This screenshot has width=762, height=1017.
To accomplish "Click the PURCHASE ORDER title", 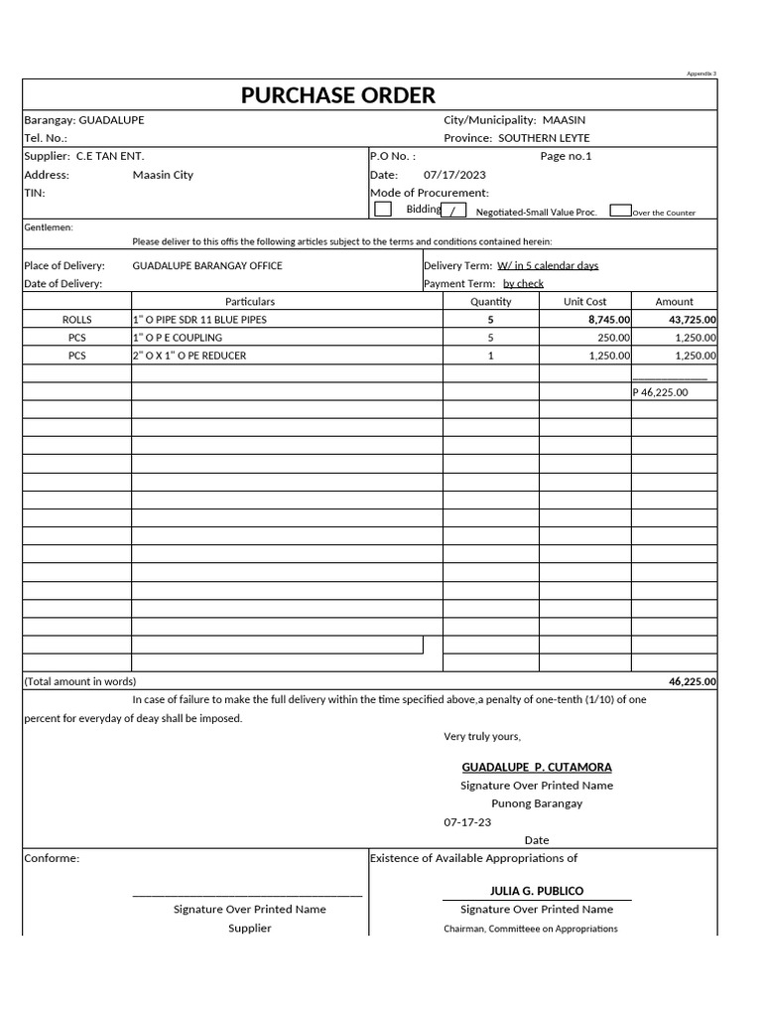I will (x=337, y=95).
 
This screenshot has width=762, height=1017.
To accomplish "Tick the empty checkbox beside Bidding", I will (x=382, y=210).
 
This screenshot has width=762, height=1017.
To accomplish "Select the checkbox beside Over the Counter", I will (x=620, y=211).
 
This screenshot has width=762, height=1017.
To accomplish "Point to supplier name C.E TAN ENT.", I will (x=110, y=156).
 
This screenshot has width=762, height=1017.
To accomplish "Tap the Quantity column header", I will (x=490, y=302).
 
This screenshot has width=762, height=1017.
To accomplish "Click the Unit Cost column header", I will (x=584, y=302).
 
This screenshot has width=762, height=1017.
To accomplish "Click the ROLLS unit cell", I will (x=76, y=320).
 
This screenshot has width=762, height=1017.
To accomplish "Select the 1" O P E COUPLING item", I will (x=178, y=338).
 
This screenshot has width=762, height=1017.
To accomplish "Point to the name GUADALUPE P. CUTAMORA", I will (x=537, y=768).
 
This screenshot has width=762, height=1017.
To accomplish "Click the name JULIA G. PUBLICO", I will (x=537, y=891).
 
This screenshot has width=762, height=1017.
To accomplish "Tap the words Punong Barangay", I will (x=537, y=803).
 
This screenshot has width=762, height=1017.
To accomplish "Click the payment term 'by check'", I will (x=523, y=284).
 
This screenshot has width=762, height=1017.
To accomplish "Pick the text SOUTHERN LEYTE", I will (x=544, y=138).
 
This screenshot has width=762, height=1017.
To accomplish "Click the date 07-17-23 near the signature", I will (x=467, y=822).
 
